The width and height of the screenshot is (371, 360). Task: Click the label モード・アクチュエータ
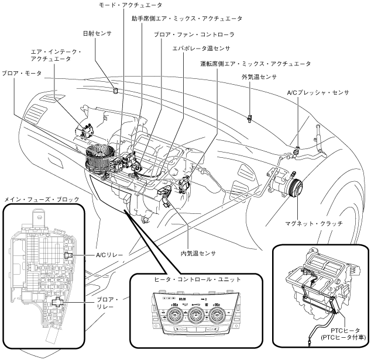coord(130,5)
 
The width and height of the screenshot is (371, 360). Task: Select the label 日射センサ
coord(97,33)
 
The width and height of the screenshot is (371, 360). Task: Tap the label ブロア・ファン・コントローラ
coord(194,34)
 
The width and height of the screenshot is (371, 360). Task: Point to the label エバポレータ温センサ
coord(201,49)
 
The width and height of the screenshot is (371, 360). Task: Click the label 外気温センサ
coord(259,77)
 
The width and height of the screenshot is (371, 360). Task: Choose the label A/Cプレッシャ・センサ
coord(318,92)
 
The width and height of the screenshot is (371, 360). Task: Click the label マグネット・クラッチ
coord(314,223)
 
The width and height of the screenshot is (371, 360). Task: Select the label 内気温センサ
coord(198,254)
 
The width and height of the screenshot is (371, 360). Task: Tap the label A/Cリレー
coord(109,255)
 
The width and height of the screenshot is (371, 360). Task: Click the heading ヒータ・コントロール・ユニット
coord(197,279)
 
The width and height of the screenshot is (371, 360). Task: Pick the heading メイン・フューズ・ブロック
coord(42,199)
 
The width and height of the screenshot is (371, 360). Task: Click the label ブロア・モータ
coord(22,73)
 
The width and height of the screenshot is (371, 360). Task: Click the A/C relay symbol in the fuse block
coord(68,255)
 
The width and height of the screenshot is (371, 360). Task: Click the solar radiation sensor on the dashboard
coord(116,91)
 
